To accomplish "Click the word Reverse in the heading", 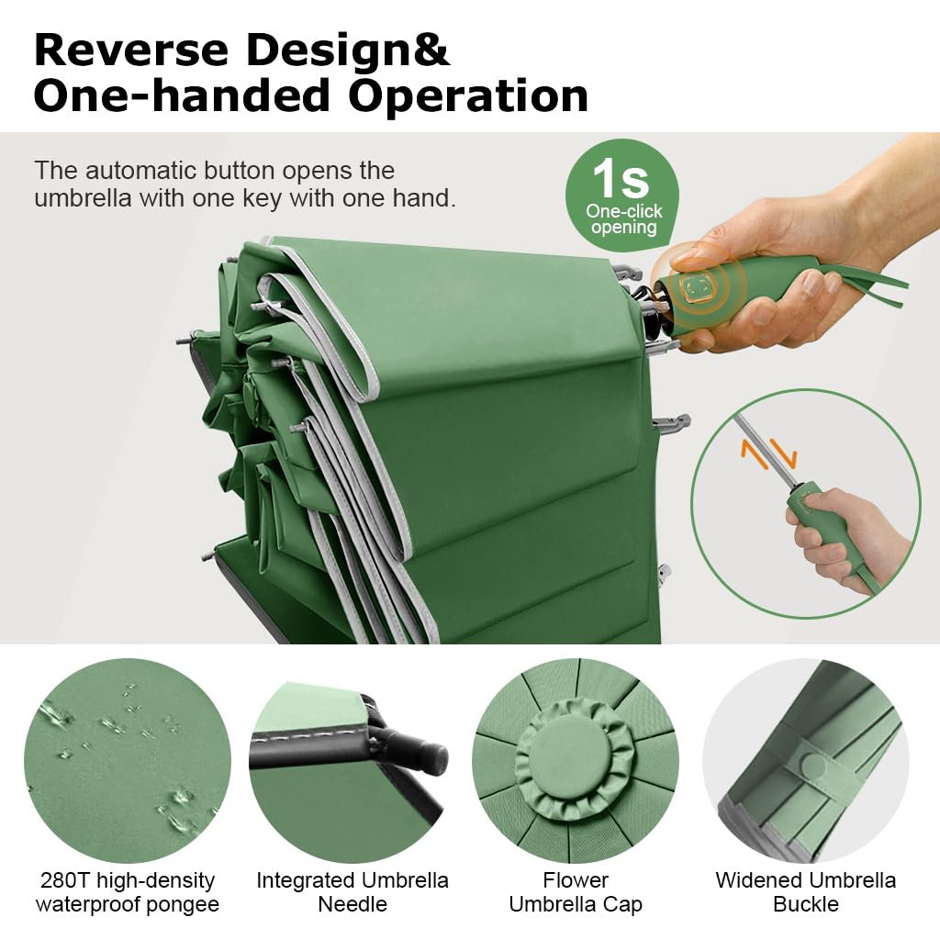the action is pyautogui.click(x=131, y=50).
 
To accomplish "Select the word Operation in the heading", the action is pyautogui.click(x=468, y=96).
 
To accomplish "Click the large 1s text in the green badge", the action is pyautogui.click(x=621, y=178).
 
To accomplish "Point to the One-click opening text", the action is pyautogui.click(x=624, y=218).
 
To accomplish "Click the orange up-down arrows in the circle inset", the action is pyautogui.click(x=768, y=453).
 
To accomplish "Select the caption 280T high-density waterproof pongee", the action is pyautogui.click(x=128, y=892).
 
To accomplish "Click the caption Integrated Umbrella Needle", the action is pyautogui.click(x=352, y=892).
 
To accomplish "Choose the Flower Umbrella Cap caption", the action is pyautogui.click(x=576, y=892).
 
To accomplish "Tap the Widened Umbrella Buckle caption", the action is pyautogui.click(x=806, y=892).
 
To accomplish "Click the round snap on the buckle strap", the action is pyautogui.click(x=813, y=767).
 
